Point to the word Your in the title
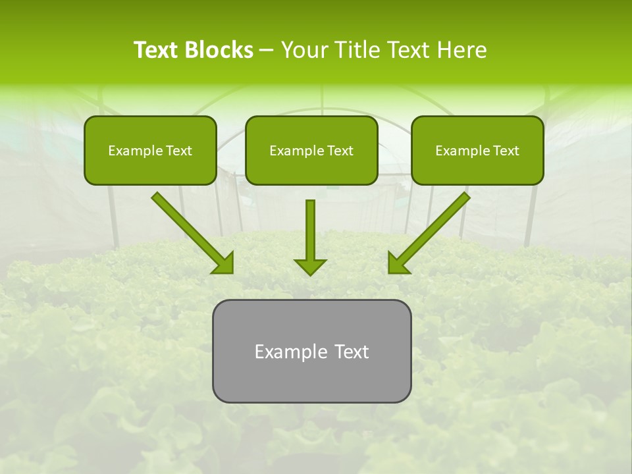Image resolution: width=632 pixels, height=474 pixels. (304, 50)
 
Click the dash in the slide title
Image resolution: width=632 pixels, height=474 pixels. (267, 51)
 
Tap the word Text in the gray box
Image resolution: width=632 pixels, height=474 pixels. (352, 352)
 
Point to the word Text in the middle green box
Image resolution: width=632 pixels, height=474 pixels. (340, 151)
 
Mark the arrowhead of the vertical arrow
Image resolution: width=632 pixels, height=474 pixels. (310, 266)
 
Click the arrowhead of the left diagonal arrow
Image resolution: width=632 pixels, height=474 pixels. (224, 263)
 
